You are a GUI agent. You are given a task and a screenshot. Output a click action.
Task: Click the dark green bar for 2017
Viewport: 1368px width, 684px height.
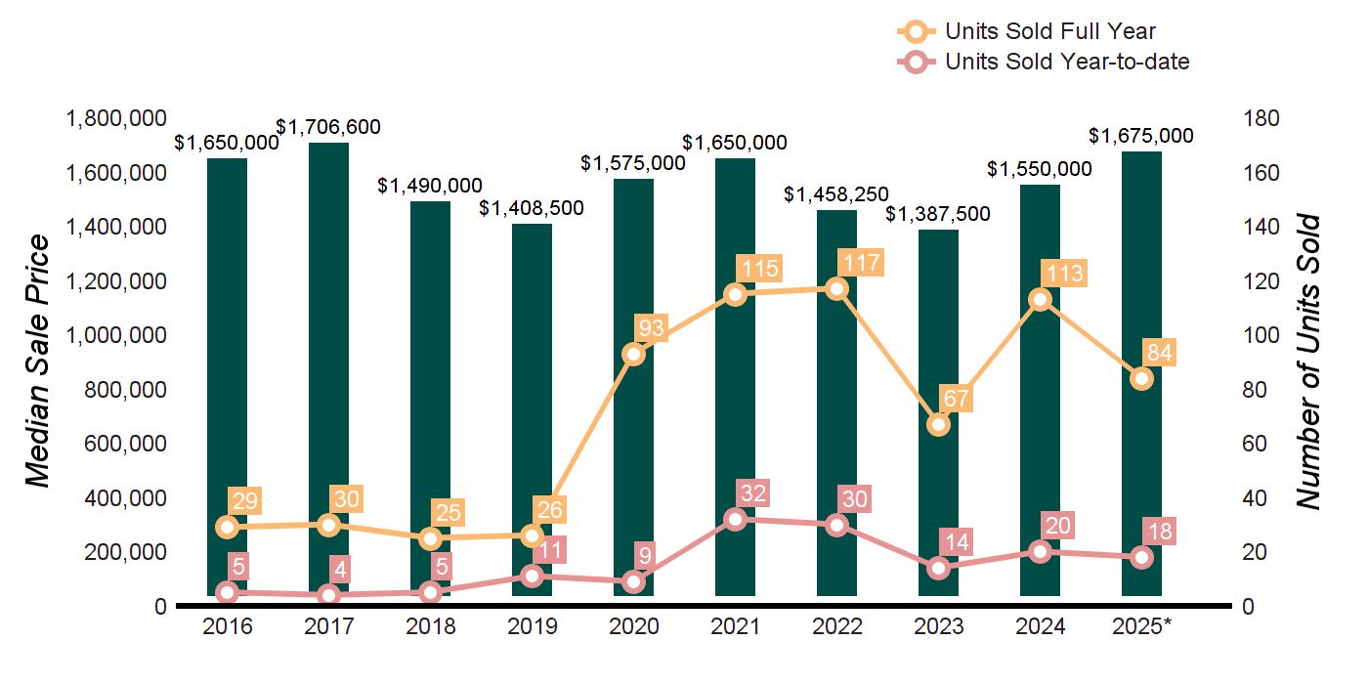point(328,371)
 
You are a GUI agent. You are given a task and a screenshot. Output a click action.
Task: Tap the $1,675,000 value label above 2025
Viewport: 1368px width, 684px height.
point(1141,136)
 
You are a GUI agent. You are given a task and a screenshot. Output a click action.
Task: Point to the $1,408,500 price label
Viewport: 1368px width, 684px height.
point(532,208)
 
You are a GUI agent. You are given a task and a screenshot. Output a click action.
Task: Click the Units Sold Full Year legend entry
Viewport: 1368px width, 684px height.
point(1049,32)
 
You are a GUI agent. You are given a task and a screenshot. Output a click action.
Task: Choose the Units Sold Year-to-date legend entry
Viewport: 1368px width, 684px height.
point(1066,62)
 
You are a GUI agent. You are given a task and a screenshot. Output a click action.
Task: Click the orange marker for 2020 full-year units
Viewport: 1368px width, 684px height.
point(633,354)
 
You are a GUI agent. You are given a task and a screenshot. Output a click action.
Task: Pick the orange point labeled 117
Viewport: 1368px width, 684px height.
point(836,288)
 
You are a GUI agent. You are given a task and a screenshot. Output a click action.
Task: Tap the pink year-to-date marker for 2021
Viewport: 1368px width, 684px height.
point(735,519)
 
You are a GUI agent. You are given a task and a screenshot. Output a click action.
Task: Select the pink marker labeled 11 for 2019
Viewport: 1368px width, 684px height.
point(532,577)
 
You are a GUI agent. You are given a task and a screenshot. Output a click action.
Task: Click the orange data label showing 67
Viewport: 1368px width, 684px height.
point(957,399)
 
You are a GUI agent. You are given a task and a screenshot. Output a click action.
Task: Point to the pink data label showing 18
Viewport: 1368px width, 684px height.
point(1161,533)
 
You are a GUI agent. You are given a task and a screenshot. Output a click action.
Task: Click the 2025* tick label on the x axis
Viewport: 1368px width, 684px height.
point(1140,626)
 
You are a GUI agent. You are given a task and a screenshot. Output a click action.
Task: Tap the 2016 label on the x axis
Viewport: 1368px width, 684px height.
point(227,626)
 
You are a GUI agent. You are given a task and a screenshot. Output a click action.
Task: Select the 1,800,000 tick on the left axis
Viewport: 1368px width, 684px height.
point(115,119)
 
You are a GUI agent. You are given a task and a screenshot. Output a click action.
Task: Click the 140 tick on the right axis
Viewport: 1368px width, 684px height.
point(1261,228)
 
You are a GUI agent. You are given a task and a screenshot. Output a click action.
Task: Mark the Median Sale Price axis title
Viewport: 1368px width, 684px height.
point(38,362)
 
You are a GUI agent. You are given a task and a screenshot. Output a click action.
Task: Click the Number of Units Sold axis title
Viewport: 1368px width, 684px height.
point(1308,362)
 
